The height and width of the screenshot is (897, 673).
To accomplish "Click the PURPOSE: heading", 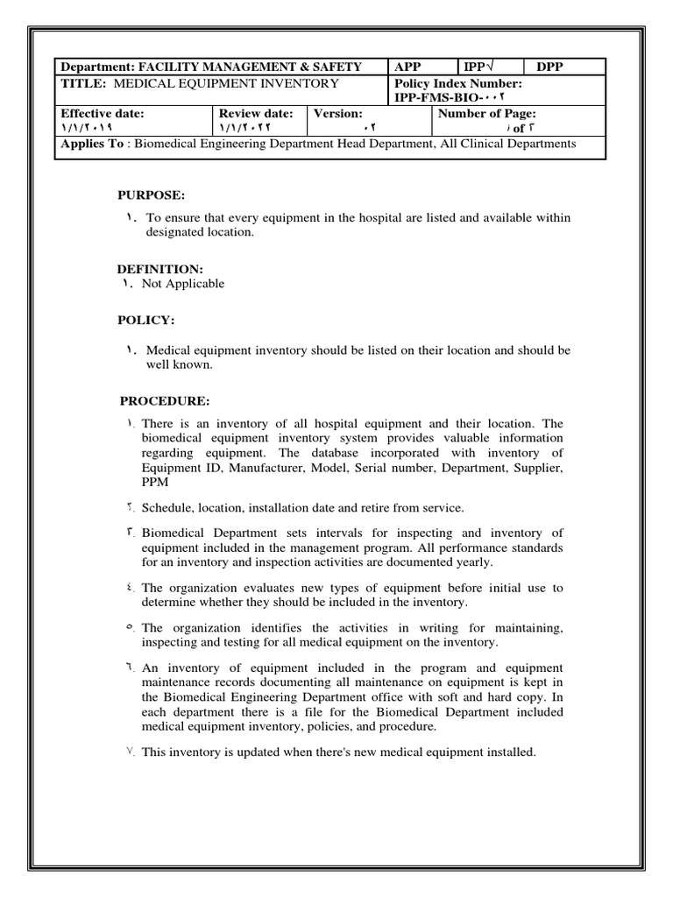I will (152, 194).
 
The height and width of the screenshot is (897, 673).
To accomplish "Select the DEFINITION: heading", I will (160, 269).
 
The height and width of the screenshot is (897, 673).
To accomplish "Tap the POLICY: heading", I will (147, 321).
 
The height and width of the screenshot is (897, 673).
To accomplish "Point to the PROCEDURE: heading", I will (165, 401).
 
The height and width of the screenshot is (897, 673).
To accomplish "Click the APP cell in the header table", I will (408, 67).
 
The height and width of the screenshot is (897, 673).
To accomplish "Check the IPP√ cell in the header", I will (479, 67).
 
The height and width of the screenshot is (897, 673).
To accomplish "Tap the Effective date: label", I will (102, 113).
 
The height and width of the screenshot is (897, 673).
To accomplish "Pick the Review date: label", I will (256, 113).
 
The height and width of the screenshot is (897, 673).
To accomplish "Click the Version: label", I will (338, 113).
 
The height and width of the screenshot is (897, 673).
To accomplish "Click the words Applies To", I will (92, 144).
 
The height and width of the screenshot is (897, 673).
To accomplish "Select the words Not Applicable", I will (182, 284).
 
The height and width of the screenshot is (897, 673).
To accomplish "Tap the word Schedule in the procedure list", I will (168, 508).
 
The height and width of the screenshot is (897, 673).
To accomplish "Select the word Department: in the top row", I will (96, 67).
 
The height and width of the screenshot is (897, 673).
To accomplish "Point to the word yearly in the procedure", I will (474, 562).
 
